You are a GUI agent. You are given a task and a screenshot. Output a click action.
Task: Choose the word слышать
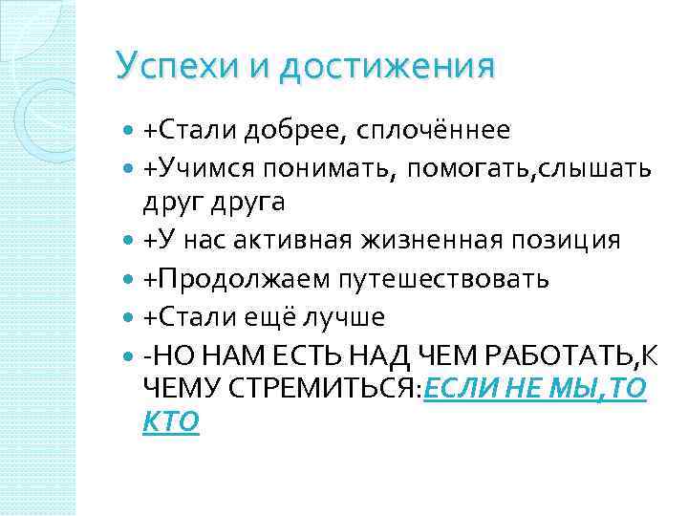tap(596, 169)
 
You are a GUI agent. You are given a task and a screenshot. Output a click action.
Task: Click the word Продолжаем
tap(235, 278)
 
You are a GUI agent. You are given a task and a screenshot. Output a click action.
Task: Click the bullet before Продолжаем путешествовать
tap(131, 279)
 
